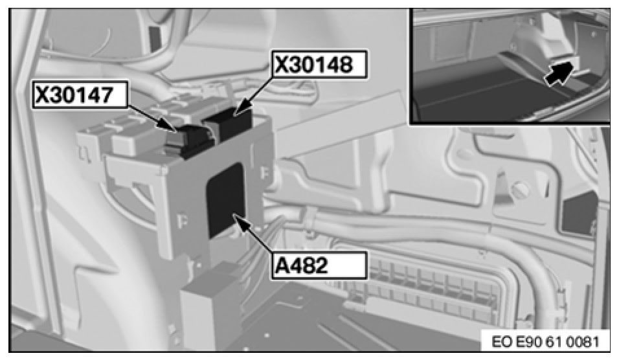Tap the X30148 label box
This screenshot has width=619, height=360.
click(319, 63)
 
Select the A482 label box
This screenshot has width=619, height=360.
click(319, 265)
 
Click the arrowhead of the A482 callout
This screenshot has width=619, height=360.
click(240, 220)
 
